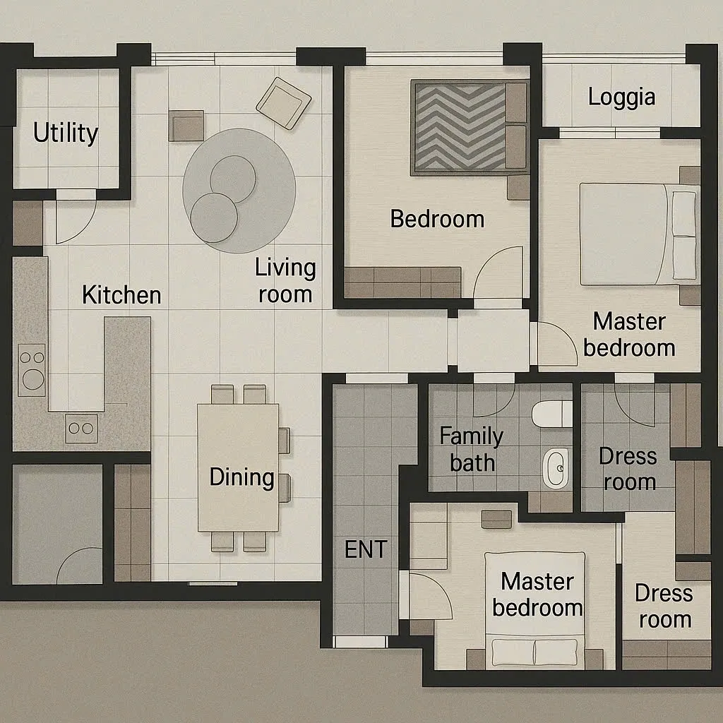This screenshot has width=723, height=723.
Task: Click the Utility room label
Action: coord(66,133)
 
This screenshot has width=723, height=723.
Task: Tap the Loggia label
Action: coord(621,97)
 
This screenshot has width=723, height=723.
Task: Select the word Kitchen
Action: coord(121,295)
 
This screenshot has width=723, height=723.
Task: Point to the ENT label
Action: coord(366,549)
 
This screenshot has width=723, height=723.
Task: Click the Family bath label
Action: coord(471,449)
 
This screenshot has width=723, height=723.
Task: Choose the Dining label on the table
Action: coord(241,477)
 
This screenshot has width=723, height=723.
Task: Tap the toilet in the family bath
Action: coord(552,414)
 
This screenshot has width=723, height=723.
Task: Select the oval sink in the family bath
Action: coord(556,469)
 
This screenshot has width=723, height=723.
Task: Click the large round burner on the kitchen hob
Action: coord(33,379)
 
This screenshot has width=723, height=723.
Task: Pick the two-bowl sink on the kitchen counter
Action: coord(81,429)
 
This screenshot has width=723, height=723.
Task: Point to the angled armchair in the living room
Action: coord(284,103)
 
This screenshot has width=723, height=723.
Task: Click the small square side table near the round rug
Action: coord(186,126)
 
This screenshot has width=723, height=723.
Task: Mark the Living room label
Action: coord(285,281)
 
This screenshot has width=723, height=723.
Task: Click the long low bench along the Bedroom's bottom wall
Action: coord(402,282)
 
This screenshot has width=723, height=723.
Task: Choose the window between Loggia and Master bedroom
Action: coord(610,133)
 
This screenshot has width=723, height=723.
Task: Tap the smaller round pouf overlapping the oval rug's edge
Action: coord(214,217)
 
